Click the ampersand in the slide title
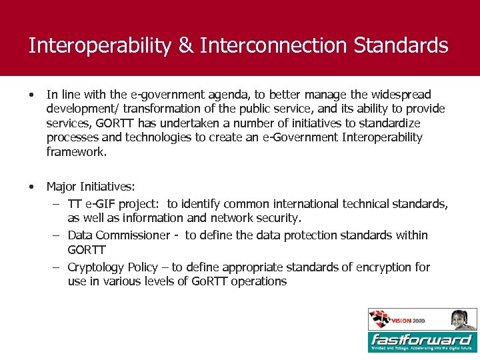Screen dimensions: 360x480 (184, 46)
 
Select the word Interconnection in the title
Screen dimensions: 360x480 (273, 46)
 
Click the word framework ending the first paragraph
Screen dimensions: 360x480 (75, 152)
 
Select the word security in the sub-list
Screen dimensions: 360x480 (280, 218)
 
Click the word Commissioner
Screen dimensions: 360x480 (133, 235)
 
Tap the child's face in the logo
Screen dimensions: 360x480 (459, 319)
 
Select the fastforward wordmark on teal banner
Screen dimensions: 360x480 (422, 339)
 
